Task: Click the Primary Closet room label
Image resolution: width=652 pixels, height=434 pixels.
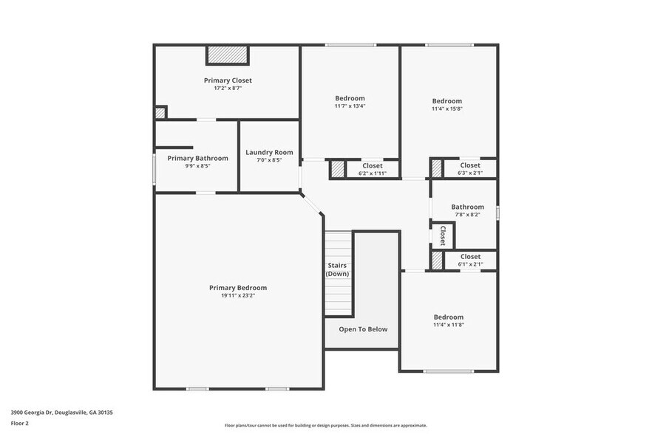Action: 228,80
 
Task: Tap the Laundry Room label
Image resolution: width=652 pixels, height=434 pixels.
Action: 269,152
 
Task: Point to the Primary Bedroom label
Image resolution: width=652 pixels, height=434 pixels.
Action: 237,288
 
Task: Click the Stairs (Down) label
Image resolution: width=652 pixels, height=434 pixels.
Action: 337,269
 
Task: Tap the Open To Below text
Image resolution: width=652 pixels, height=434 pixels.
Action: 363,329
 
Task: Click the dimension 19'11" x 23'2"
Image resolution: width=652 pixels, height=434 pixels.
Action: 237,296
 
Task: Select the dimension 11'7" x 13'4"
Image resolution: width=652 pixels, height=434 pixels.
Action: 350,106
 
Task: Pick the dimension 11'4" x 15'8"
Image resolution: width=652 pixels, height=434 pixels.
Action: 446,109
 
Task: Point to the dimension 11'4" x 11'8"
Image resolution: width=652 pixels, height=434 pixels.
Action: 448,325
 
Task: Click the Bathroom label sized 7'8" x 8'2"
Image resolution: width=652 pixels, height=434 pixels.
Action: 467,207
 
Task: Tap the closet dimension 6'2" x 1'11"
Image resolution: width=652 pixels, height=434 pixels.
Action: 372,173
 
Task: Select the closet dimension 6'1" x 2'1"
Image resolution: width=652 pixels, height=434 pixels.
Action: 470,264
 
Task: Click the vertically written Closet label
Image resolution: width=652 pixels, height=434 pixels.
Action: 442,235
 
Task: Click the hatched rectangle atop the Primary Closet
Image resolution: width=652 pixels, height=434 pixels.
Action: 228,55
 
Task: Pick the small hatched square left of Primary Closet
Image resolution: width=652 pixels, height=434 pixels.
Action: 160,113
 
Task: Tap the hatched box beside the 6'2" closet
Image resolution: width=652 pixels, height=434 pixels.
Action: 337,169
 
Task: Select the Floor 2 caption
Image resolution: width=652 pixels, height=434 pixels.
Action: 20,424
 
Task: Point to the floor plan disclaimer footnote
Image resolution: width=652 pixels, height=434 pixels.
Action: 325,426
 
